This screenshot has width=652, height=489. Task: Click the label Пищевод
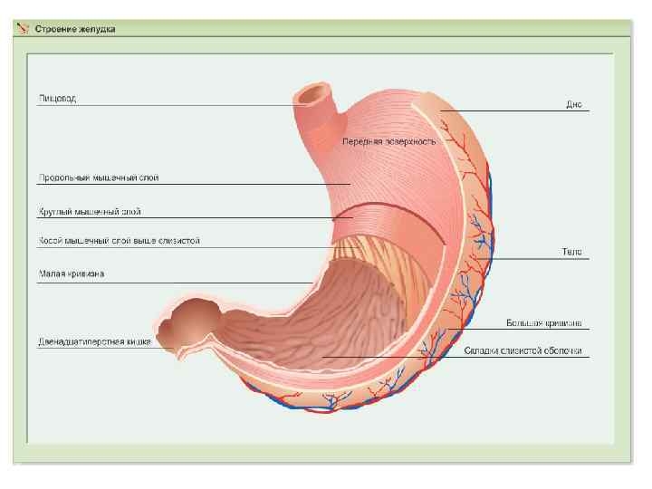57,98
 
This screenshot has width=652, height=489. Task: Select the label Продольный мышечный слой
99,177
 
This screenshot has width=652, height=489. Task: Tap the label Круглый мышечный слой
89,212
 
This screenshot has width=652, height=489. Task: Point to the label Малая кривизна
71,273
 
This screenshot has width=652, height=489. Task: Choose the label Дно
573,104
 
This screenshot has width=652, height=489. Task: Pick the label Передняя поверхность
388,141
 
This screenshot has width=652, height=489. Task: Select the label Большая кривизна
543,322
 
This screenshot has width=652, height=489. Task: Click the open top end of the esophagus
314,92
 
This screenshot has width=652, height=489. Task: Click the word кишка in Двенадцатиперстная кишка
139,342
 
